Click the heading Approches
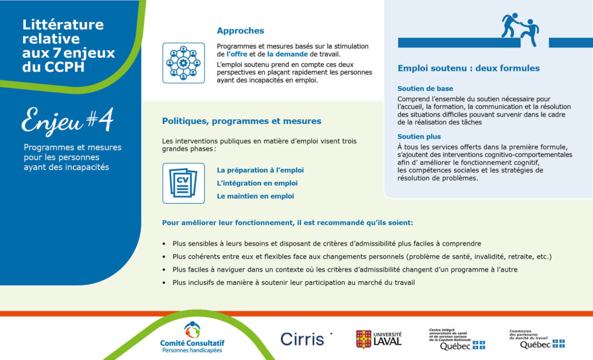240,31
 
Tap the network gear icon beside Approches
184,63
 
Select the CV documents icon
184,183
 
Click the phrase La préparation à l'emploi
260,170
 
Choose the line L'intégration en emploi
257,183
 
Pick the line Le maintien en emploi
255,196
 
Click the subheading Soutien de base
425,89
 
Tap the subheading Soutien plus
419,137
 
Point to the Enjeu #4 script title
67,120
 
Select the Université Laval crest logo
379,339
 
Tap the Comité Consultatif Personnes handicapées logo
192,337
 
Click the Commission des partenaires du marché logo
537,339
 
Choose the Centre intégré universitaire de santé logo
457,339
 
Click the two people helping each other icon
520,30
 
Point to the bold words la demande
287,54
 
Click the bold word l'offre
237,54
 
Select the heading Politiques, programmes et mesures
241,121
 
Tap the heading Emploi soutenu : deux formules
468,68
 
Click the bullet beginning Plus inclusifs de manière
294,282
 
